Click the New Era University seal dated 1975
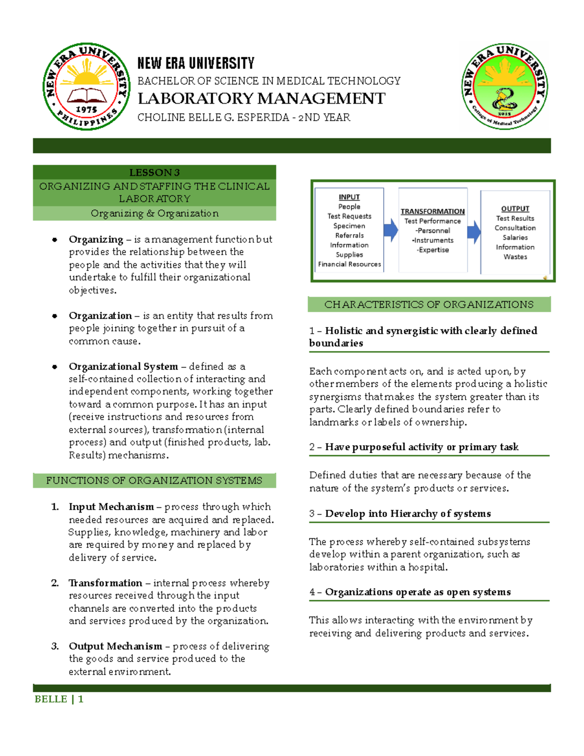[86, 87]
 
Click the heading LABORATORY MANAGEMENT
[261, 98]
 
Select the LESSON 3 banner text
[154, 172]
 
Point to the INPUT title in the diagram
[349, 197]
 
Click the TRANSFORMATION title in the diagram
[433, 211]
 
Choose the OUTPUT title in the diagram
[515, 208]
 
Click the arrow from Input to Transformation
[390, 230]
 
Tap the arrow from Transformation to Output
[474, 233]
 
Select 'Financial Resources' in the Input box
[349, 264]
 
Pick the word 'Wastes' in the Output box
[515, 257]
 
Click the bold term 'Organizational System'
[123, 366]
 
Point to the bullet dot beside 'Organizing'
[55, 240]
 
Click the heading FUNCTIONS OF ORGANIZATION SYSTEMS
[154, 480]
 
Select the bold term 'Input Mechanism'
[111, 507]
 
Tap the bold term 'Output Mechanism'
[115, 646]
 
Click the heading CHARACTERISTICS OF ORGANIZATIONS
[429, 304]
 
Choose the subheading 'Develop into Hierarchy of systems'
[408, 514]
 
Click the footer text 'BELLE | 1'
[59, 699]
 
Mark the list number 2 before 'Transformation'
[55, 583]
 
